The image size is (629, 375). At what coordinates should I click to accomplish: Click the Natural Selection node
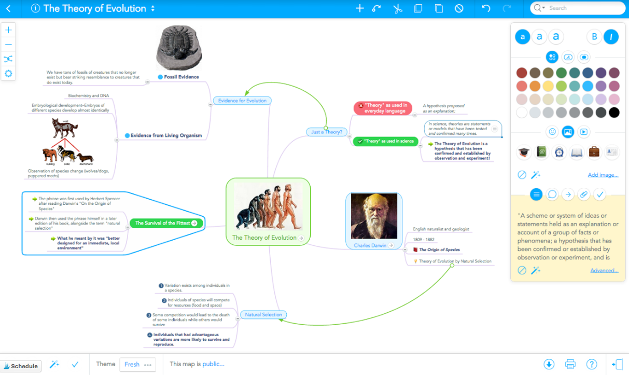(263, 314)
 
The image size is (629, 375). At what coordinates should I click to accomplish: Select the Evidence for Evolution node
(242, 101)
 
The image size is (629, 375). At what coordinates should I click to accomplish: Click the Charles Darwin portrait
(374, 216)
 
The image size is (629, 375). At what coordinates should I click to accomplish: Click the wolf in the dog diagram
(65, 128)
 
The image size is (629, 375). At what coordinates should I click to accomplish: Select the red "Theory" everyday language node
(386, 108)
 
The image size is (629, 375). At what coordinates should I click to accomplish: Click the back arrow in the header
(8, 8)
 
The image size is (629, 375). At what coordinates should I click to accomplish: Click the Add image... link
(603, 175)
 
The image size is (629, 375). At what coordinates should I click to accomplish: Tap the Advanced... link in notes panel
(604, 270)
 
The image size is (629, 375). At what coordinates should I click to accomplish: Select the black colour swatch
(614, 113)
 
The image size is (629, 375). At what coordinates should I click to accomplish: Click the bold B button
(594, 36)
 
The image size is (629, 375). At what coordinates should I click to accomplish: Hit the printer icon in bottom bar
(570, 364)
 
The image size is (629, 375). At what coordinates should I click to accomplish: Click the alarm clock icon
(559, 152)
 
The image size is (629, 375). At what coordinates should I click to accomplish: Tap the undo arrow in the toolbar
(486, 8)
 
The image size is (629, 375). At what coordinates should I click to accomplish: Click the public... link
(213, 364)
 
